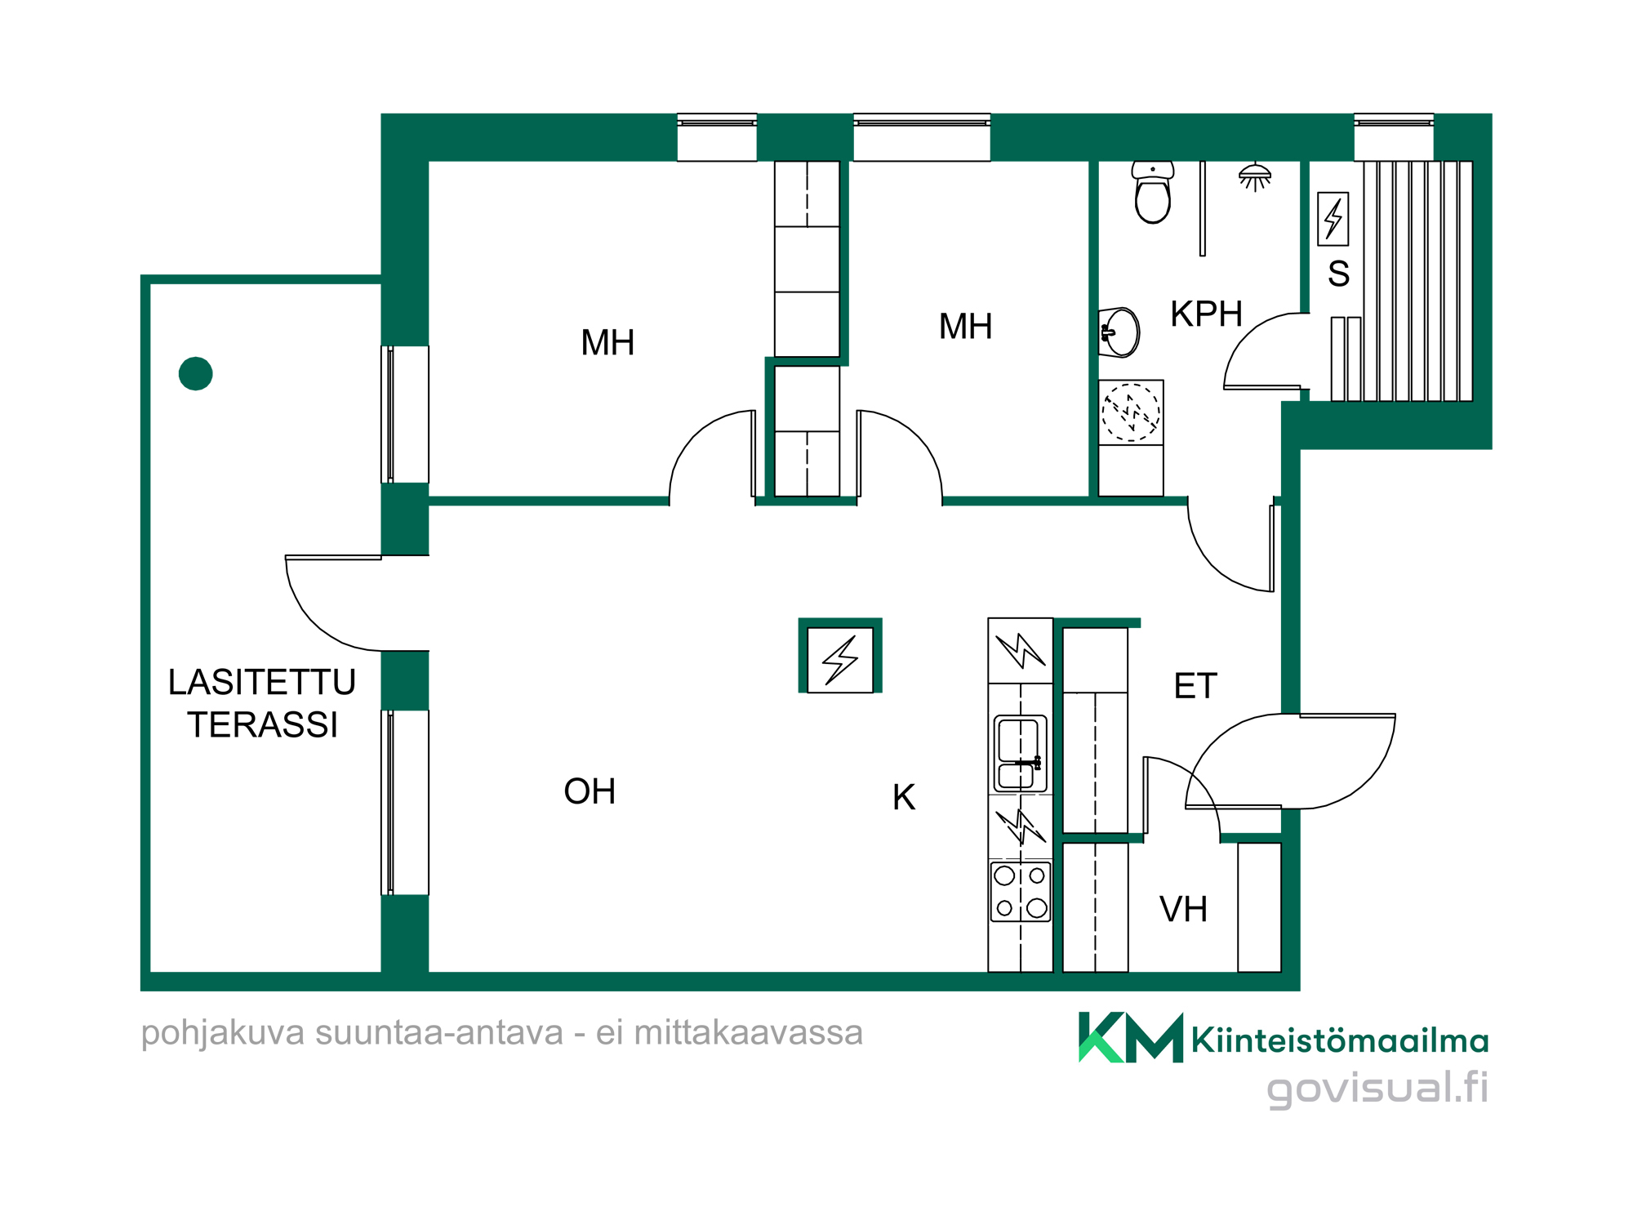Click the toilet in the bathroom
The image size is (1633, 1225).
(1152, 193)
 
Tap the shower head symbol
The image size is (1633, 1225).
(1255, 176)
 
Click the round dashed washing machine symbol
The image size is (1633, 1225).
(1131, 412)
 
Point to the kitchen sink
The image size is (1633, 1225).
(1020, 754)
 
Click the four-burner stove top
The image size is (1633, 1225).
(1020, 892)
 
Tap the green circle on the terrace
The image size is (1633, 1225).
(196, 374)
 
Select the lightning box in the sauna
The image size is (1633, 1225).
(1333, 219)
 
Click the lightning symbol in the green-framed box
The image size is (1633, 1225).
(840, 660)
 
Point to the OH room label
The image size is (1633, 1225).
(590, 791)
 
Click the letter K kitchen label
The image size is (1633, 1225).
(904, 797)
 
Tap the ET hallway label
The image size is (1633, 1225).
(1195, 686)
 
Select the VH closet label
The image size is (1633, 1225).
(1183, 909)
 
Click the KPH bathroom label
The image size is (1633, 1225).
(1206, 314)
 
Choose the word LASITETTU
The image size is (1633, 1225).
(262, 682)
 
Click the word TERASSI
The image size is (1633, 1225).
(263, 725)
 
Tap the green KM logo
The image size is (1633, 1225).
(1131, 1037)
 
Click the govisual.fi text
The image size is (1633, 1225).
(1377, 1089)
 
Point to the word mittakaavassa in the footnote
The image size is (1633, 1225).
(749, 1033)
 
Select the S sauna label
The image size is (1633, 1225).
(1338, 274)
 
